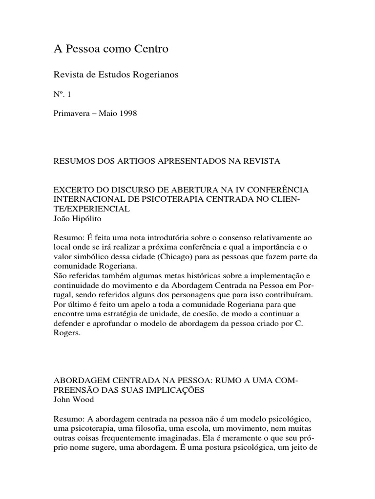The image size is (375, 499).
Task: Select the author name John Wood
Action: [73, 400]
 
